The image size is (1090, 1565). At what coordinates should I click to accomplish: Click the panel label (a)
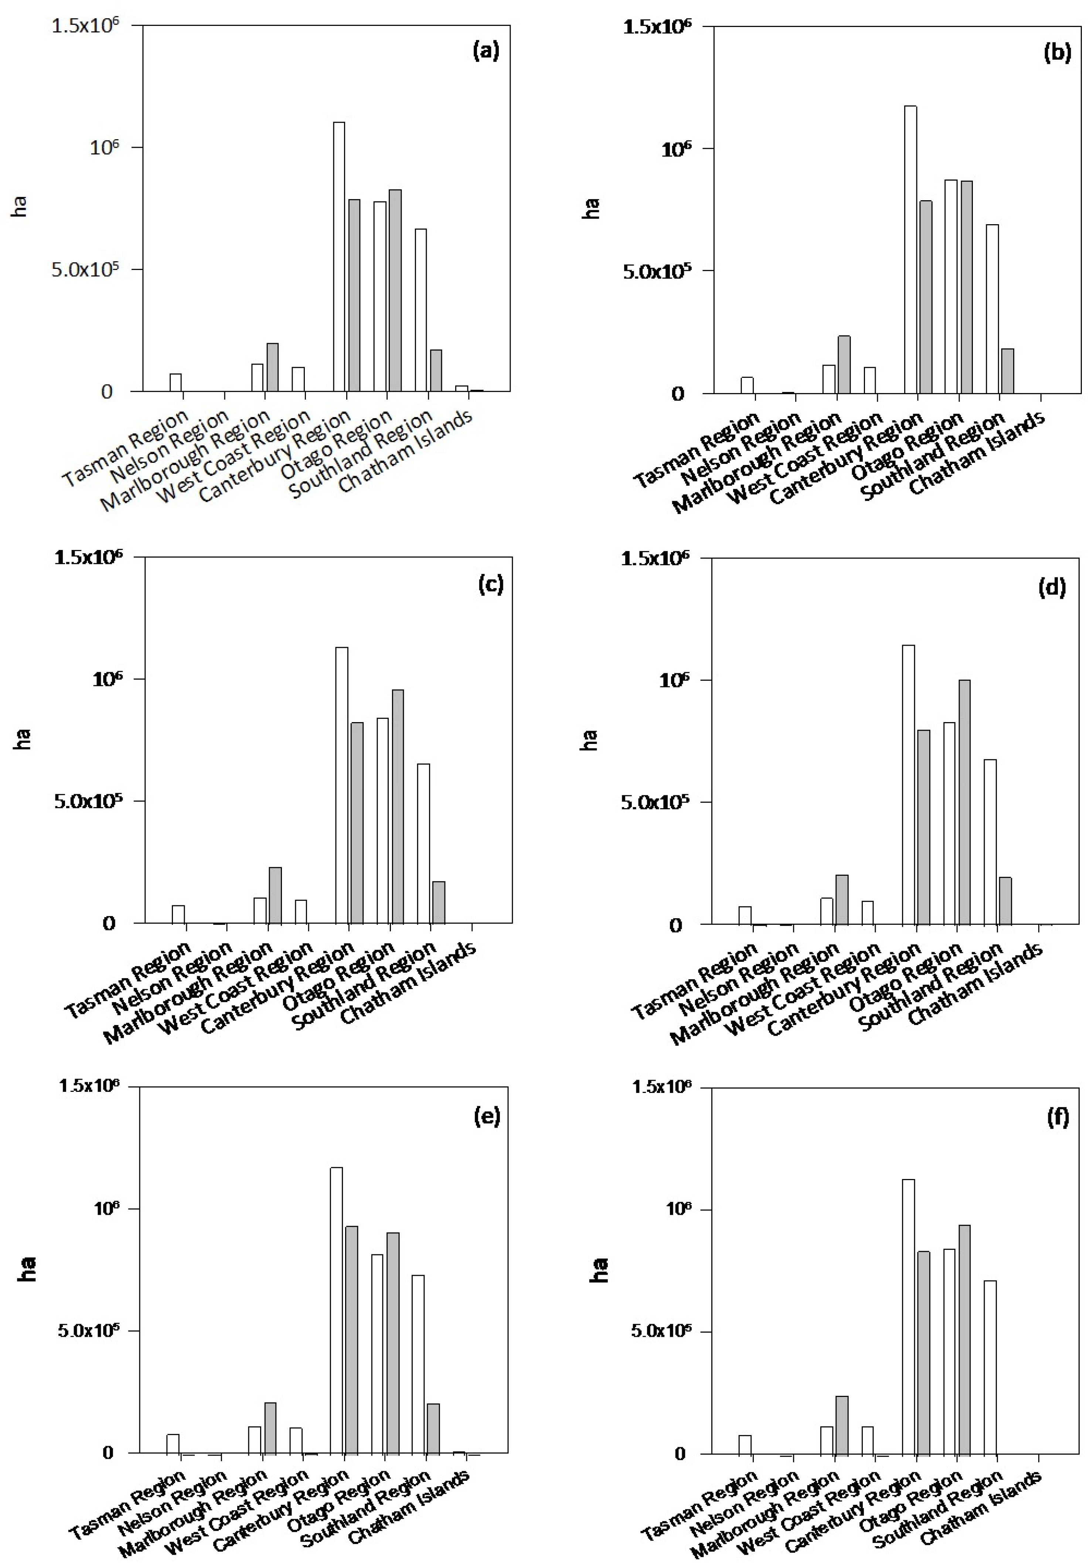pyautogui.click(x=486, y=51)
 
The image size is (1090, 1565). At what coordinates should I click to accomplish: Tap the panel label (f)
pyautogui.click(x=1057, y=1118)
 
